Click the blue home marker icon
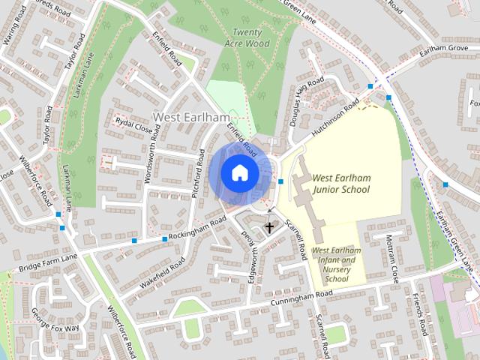(238, 173)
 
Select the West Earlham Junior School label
(340, 184)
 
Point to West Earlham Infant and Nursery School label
(335, 264)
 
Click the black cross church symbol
(269, 227)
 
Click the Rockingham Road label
(199, 229)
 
